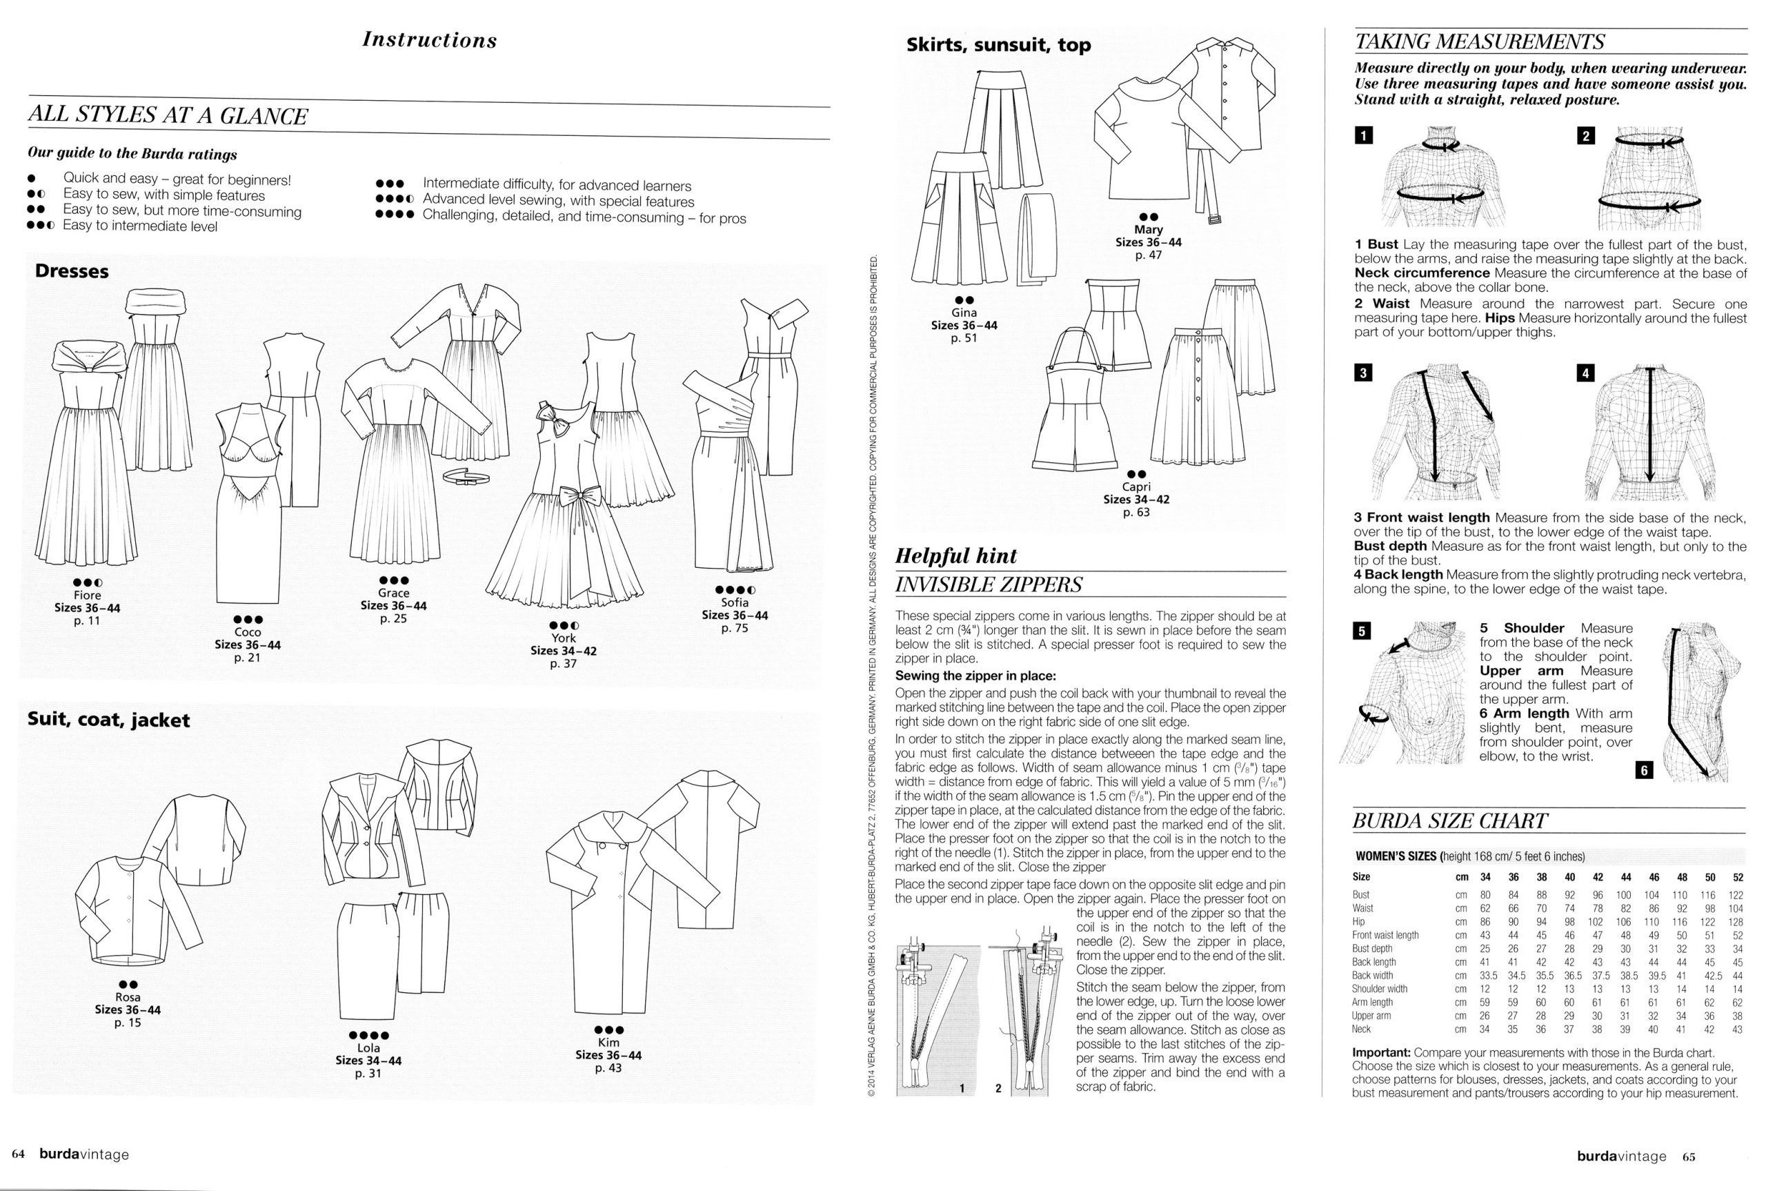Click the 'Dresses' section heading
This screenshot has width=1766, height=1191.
[72, 271]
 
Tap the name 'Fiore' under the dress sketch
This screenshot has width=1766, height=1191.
[88, 595]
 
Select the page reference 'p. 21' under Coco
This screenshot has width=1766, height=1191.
[248, 658]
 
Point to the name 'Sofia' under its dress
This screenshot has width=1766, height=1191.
[735, 602]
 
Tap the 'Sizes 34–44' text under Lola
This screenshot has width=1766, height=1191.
[368, 1061]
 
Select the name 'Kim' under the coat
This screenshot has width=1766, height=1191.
[608, 1043]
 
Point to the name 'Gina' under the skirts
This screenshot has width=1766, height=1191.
[964, 312]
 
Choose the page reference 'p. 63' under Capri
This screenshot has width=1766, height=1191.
[1137, 512]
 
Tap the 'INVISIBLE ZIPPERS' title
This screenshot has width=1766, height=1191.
[989, 585]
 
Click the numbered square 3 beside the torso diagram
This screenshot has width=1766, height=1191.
[1364, 373]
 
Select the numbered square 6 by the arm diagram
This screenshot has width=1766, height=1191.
[1645, 771]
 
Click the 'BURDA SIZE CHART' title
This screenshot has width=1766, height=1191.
[1449, 821]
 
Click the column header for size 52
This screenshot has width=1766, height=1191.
[1738, 876]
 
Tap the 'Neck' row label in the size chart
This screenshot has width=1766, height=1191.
[1361, 1030]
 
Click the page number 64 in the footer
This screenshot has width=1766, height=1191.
[18, 1154]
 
